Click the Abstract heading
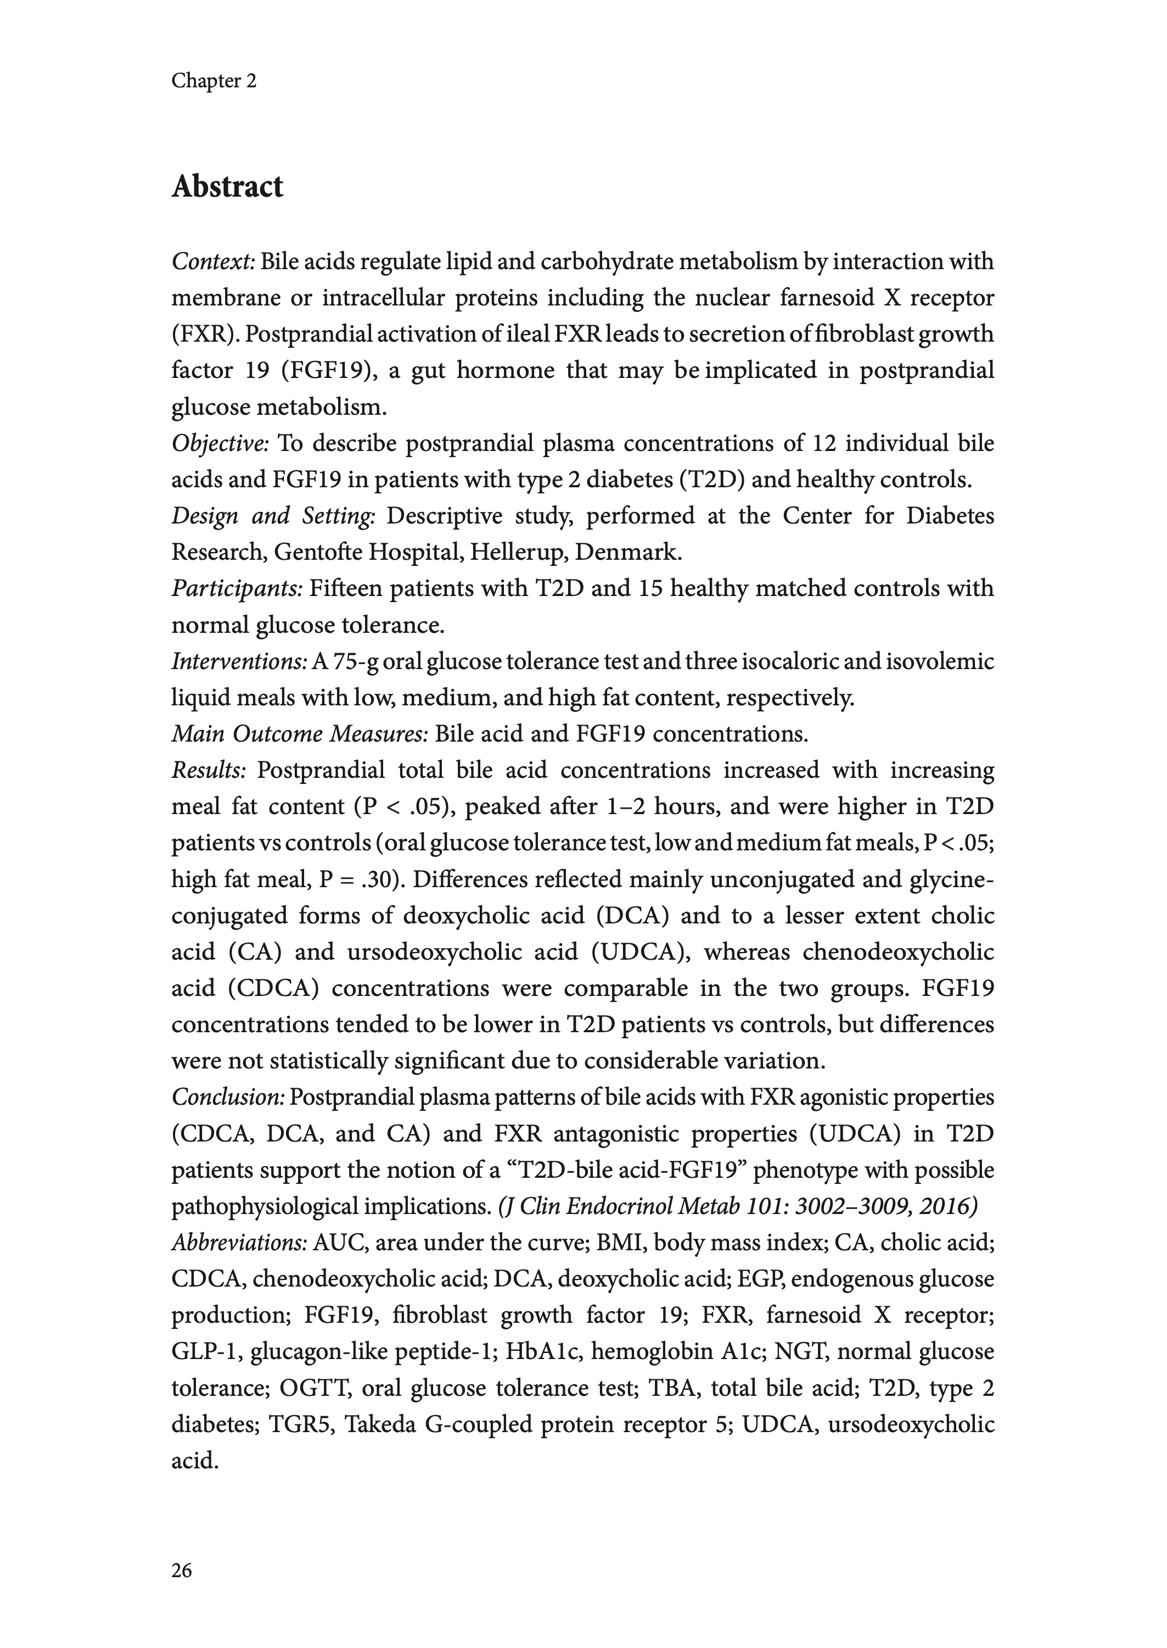227,187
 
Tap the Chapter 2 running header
214,81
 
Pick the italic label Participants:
237,589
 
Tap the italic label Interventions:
240,661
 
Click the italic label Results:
209,771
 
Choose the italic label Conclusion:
228,1097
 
